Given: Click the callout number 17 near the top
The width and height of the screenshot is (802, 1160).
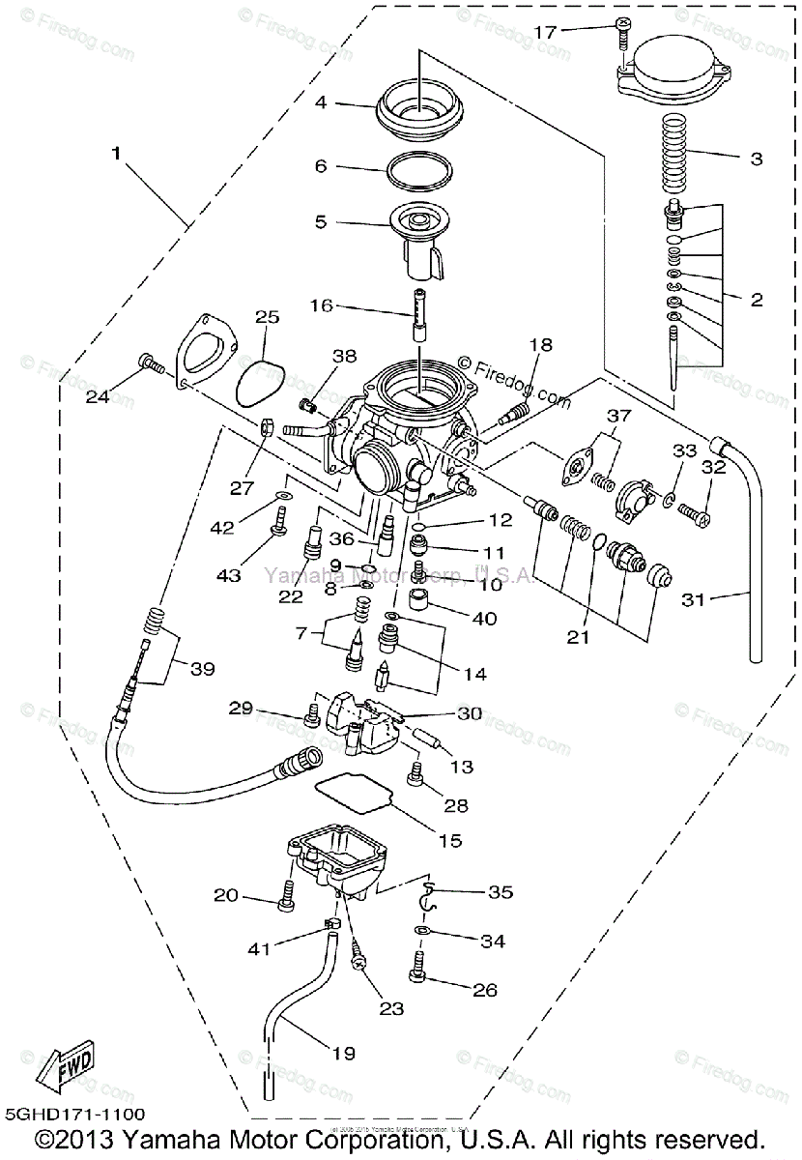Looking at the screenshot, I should pyautogui.click(x=545, y=32).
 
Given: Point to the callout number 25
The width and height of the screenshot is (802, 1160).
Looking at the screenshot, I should pyautogui.click(x=268, y=317).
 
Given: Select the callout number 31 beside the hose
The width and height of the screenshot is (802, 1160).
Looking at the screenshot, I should pyautogui.click(x=693, y=599).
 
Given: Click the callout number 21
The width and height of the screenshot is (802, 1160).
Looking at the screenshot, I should pyautogui.click(x=579, y=639).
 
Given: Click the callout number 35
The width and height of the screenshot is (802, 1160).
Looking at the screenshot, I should pyautogui.click(x=501, y=891).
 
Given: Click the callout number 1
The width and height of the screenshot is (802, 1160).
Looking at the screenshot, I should pyautogui.click(x=117, y=154).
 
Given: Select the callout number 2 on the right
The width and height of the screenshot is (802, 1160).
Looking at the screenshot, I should pyautogui.click(x=756, y=300).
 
